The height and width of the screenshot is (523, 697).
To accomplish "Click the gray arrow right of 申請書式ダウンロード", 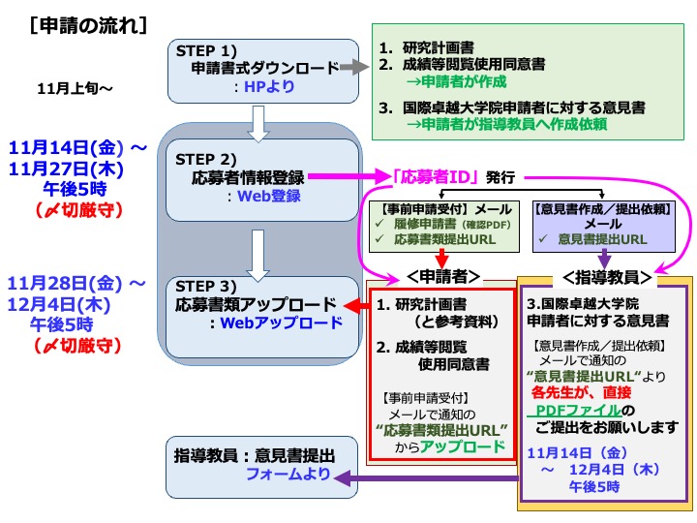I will pos(357,68).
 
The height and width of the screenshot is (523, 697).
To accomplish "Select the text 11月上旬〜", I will pos(75,89).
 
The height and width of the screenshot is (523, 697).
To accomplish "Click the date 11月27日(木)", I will pos(67,168).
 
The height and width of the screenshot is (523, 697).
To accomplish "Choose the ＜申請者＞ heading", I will pos(442,276).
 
